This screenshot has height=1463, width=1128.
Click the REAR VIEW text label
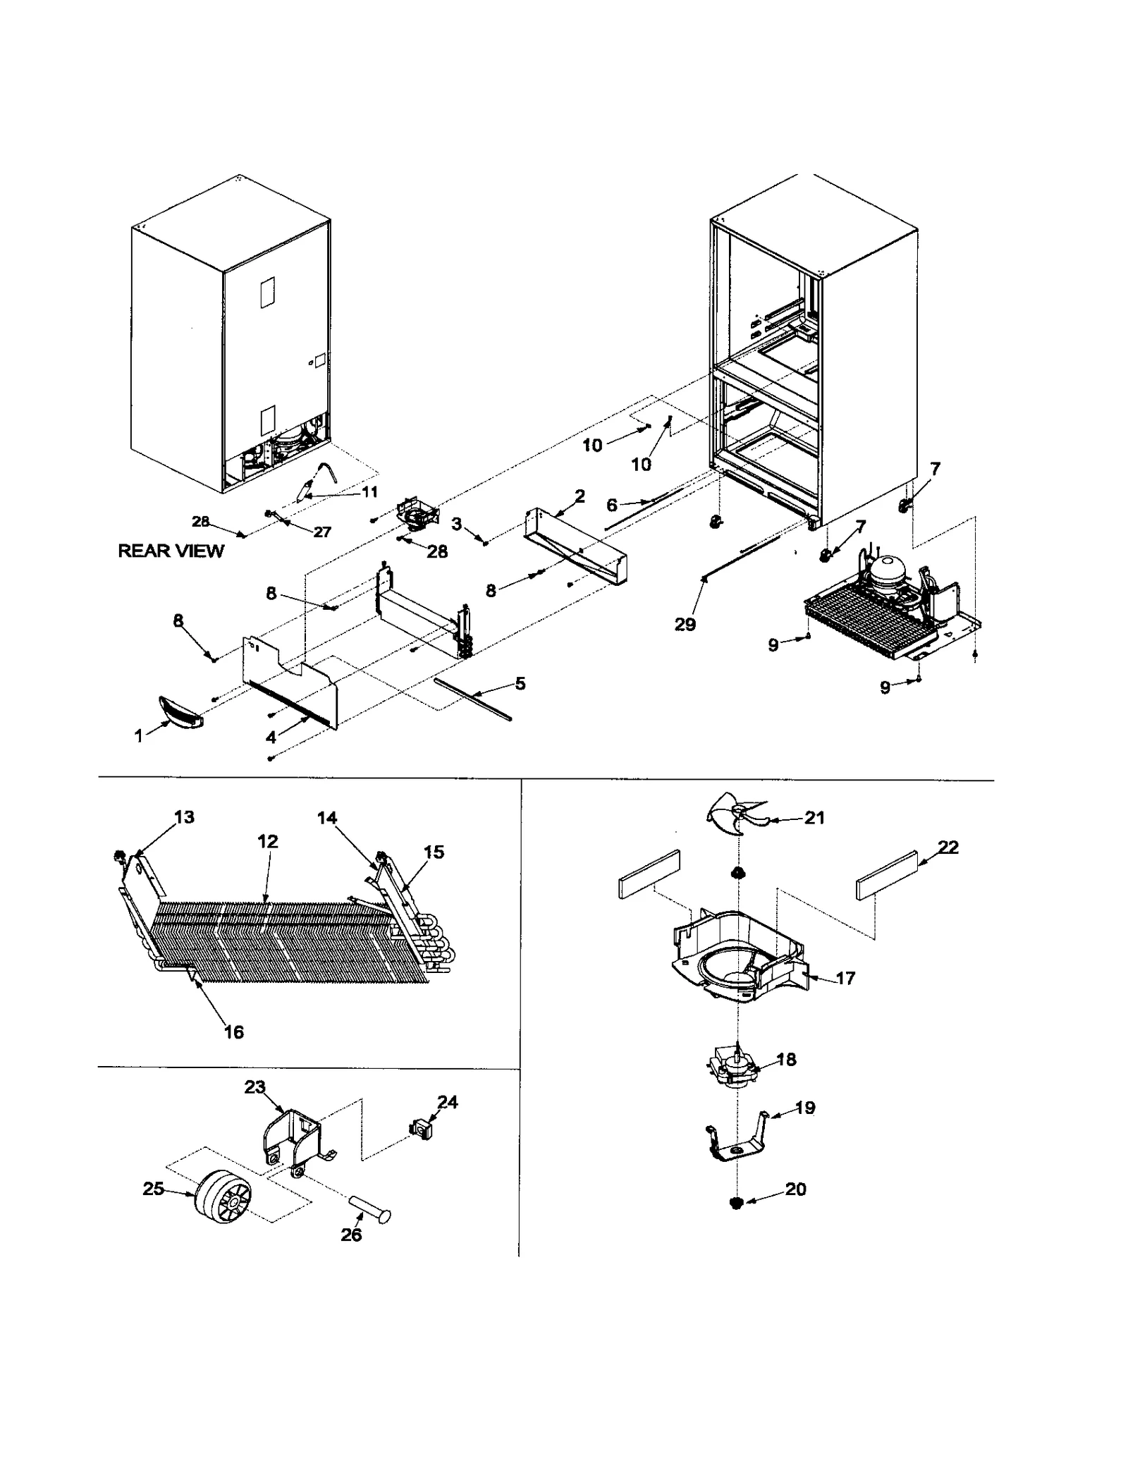coord(171,551)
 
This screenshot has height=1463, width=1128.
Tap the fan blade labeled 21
coord(735,814)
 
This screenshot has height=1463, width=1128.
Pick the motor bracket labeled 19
coord(735,1140)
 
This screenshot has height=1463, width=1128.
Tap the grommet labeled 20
coord(737,1203)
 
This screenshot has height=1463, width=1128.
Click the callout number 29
coord(685,624)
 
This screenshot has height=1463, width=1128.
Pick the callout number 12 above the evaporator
coord(268,841)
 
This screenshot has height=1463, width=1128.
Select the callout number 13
coord(184,817)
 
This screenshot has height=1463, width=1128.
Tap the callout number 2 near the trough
coord(580,496)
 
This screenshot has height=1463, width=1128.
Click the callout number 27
coord(322,532)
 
